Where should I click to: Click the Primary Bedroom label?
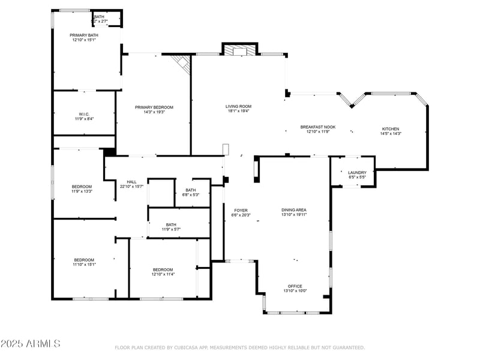pyautogui.click(x=154, y=107)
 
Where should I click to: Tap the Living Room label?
pyautogui.click(x=238, y=106)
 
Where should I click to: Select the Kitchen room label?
pyautogui.click(x=391, y=129)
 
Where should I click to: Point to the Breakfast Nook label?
pyautogui.click(x=317, y=127)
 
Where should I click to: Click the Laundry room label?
pyautogui.click(x=357, y=173)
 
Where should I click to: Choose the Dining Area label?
pyautogui.click(x=294, y=210)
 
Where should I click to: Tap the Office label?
pyautogui.click(x=295, y=286)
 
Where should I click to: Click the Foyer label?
pyautogui.click(x=241, y=211)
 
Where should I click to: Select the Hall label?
pyautogui.click(x=131, y=182)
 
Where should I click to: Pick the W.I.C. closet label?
pyautogui.click(x=83, y=114)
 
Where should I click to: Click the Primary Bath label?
pyautogui.click(x=84, y=35)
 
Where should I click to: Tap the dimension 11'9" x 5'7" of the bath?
pyautogui.click(x=170, y=229)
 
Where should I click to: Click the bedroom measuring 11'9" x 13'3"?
pyautogui.click(x=82, y=187)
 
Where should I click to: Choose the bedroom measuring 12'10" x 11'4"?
pyautogui.click(x=163, y=269)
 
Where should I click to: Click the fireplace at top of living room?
pyautogui.click(x=239, y=50)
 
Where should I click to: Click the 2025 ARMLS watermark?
pyautogui.click(x=30, y=344)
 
